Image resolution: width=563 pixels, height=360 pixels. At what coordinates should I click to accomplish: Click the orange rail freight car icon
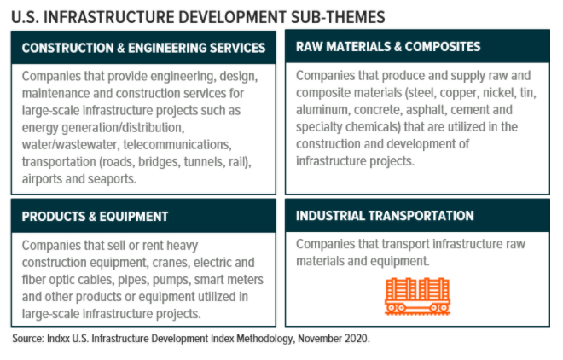(417, 296)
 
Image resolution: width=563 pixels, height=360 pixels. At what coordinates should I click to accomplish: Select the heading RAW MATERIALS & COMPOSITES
(388, 47)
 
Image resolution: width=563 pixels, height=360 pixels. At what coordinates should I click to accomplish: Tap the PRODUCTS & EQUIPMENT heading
(95, 217)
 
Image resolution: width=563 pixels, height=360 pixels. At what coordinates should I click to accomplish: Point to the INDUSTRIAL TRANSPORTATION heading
(385, 216)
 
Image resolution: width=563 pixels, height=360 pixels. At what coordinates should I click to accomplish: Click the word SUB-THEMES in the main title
(338, 17)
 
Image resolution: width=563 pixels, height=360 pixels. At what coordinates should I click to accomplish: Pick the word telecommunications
(177, 145)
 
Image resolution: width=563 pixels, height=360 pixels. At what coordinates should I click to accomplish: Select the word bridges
(159, 162)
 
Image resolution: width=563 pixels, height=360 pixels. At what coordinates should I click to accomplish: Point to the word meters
(246, 280)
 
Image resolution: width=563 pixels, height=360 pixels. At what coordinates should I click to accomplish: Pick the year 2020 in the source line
(357, 339)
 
